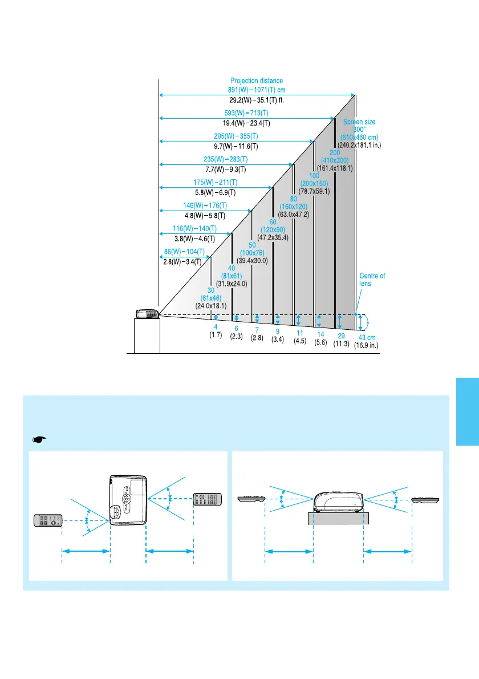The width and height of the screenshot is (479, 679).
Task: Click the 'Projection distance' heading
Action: click(257, 81)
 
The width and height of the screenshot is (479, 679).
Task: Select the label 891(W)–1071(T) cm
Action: click(257, 90)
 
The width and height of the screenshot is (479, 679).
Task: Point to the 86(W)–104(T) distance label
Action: click(186, 252)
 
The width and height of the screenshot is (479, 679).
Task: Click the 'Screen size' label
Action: click(359, 122)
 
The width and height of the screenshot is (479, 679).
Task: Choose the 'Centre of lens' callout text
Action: click(372, 280)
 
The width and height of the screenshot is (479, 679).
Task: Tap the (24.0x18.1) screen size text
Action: click(211, 306)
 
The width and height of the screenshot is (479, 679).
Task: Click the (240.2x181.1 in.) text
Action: click(359, 145)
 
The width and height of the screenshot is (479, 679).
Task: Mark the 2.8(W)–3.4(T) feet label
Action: click(186, 262)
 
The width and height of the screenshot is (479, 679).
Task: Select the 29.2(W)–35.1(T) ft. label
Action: click(257, 100)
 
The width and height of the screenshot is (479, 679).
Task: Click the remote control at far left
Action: click(48, 520)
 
